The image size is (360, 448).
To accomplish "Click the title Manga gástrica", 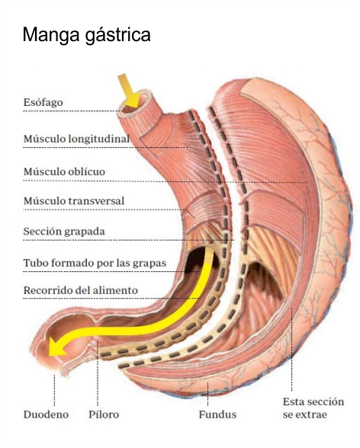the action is (86, 35).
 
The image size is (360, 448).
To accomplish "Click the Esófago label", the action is (43, 102).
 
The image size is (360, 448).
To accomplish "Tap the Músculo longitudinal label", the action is (76, 139).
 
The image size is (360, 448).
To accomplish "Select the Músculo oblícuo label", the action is (64, 171).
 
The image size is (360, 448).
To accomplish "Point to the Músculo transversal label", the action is (74, 200).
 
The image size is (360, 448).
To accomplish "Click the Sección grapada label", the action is (64, 231).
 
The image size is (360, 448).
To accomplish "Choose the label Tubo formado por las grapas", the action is (95, 263).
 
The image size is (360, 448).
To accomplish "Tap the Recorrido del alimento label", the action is (81, 290).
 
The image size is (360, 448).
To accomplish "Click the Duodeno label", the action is (46, 414).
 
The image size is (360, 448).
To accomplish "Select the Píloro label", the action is (104, 414).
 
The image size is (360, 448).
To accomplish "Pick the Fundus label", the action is (217, 414).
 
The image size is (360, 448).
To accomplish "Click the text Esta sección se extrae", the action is (313, 408).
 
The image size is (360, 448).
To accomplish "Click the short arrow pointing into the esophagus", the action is (129, 90).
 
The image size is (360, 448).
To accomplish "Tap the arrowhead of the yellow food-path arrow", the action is (57, 345).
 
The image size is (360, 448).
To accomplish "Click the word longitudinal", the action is (99, 139).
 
